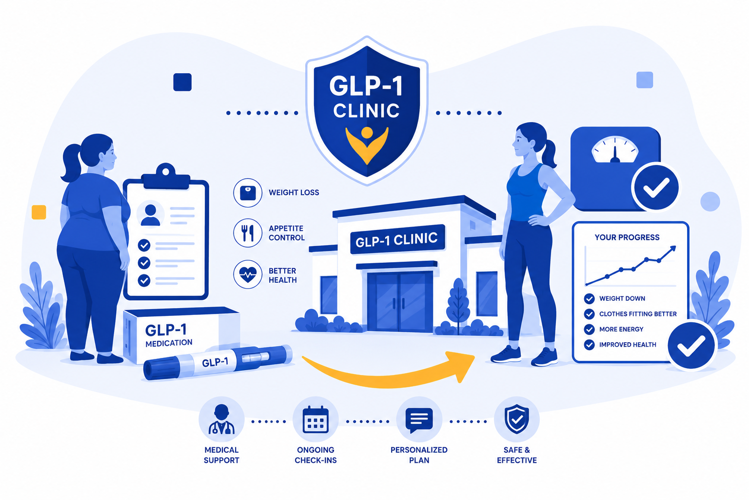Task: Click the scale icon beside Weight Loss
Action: pyautogui.click(x=248, y=193)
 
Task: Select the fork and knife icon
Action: pyautogui.click(x=248, y=233)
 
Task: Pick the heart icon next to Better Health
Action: pyautogui.click(x=248, y=274)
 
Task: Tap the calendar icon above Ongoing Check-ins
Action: pyautogui.click(x=315, y=419)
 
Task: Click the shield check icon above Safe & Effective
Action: pyautogui.click(x=517, y=419)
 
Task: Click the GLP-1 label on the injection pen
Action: pyautogui.click(x=216, y=362)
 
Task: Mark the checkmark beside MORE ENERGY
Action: pyautogui.click(x=589, y=329)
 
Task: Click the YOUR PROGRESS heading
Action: pyautogui.click(x=627, y=237)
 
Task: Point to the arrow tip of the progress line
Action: pyautogui.click(x=675, y=247)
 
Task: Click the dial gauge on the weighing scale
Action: pyautogui.click(x=615, y=150)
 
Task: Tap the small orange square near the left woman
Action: pyautogui.click(x=39, y=212)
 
